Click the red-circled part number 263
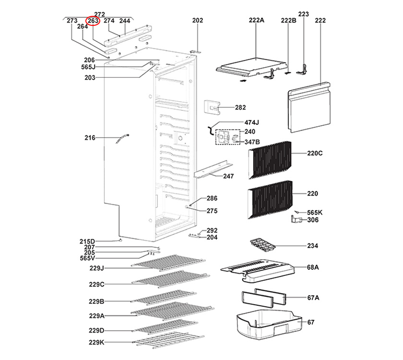(93, 21)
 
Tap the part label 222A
(257, 21)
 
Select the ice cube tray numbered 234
(264, 245)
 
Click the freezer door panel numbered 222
(309, 108)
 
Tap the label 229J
(96, 268)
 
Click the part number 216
(90, 138)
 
